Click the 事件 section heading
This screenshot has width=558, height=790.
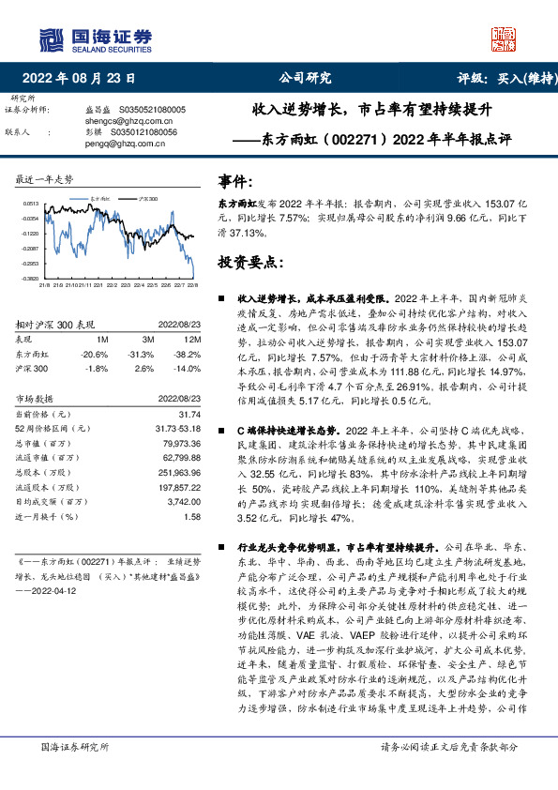(234, 180)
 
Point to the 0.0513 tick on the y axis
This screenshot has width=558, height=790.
(30, 204)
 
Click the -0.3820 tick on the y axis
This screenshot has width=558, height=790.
(30, 279)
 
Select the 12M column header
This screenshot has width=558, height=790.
(192, 339)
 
